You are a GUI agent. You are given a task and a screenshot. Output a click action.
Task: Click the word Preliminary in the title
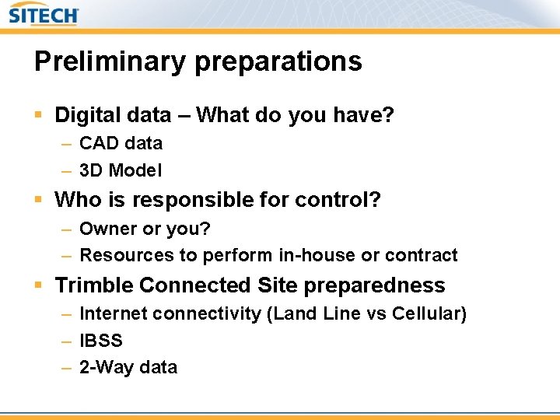click(x=110, y=61)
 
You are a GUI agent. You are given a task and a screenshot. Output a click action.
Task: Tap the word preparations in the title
click(x=278, y=62)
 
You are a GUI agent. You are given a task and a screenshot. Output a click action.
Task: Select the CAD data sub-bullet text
click(x=121, y=143)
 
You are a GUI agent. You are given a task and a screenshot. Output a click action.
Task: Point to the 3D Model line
click(x=121, y=170)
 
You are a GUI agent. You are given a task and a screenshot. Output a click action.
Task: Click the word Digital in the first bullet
click(x=84, y=116)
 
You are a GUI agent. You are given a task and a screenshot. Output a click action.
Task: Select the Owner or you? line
click(x=145, y=229)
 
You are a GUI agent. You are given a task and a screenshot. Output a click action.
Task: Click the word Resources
click(x=119, y=255)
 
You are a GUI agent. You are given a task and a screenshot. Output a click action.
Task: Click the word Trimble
click(x=94, y=285)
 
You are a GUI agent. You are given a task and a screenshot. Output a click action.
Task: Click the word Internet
click(x=114, y=313)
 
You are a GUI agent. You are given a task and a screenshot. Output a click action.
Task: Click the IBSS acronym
click(x=101, y=341)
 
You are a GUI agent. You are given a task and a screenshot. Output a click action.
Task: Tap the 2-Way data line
click(x=128, y=367)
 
